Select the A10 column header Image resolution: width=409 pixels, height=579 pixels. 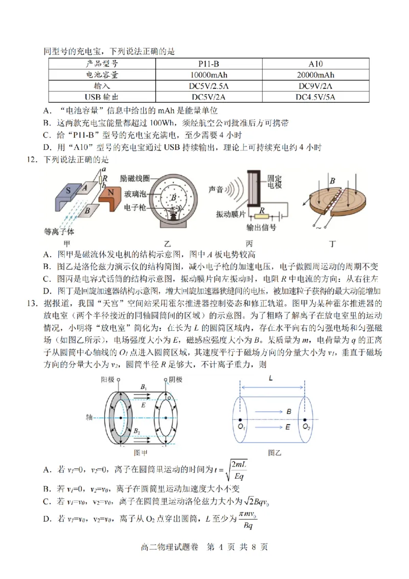pos(315,64)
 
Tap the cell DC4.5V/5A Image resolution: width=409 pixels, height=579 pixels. pos(315,97)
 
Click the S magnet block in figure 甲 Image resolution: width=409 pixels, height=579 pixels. pos(68,190)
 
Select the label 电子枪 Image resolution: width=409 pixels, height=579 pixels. pos(134,208)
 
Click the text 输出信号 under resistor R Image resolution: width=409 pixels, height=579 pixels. pos(262,228)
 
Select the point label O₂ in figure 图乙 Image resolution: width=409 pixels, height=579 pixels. pos(306,427)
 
